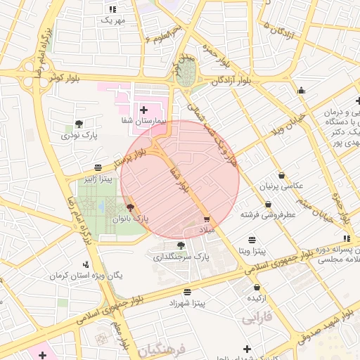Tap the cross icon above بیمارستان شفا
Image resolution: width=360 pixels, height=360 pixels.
click(x=144, y=110)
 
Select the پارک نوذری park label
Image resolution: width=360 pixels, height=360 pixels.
click(x=79, y=135)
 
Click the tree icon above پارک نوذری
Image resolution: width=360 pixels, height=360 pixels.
click(x=79, y=124)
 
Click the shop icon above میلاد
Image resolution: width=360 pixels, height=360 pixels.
click(x=206, y=219)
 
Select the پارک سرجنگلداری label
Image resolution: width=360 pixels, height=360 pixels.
click(x=182, y=257)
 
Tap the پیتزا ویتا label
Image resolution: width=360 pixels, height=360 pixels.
click(x=251, y=251)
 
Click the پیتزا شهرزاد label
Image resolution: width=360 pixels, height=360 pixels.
click(x=187, y=303)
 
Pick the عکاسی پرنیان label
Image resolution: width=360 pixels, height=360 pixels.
click(x=282, y=186)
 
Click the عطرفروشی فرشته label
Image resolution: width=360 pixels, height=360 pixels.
click(x=268, y=214)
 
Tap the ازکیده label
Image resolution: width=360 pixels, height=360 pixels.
click(x=257, y=298)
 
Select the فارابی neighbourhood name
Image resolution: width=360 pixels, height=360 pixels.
click(x=258, y=319)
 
